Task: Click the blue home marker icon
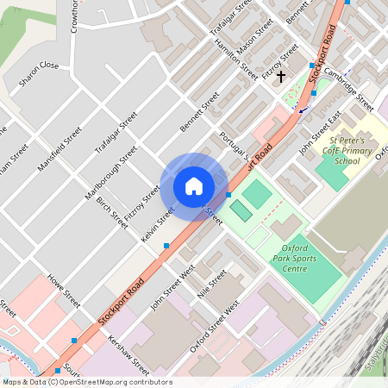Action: (x=194, y=185)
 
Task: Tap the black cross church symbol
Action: (x=281, y=77)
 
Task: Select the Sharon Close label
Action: (x=39, y=66)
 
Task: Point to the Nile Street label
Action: (x=212, y=283)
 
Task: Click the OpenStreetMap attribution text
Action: (x=86, y=382)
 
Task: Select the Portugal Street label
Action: (x=234, y=147)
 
